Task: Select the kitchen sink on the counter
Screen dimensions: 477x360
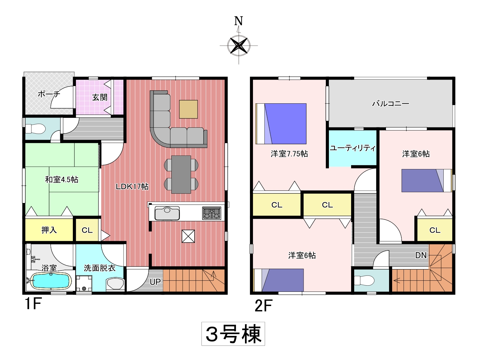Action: coord(167,213)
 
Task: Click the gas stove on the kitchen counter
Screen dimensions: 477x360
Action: coord(211,213)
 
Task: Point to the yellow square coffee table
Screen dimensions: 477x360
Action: coord(188,109)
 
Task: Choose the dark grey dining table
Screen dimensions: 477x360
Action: coord(181,175)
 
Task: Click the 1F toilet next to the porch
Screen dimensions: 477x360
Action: coord(35,129)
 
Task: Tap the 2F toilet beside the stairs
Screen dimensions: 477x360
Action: coord(364,280)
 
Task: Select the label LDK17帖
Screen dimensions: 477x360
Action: coord(132,186)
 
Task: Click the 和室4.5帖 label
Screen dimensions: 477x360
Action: coord(62,180)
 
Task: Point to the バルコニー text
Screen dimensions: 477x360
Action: coord(391,103)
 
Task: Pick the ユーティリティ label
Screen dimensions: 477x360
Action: coord(352,148)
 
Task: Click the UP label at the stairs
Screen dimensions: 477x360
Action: coord(155,282)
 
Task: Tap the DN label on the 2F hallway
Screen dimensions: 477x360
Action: coord(421,255)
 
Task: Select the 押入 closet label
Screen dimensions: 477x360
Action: coord(49,230)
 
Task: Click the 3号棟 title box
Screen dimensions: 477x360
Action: coord(233,334)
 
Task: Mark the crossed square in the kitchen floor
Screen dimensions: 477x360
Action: coord(188,236)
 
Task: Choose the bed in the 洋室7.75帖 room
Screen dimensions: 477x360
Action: coord(281,124)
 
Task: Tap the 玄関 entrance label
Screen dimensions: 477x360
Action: coord(100,97)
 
